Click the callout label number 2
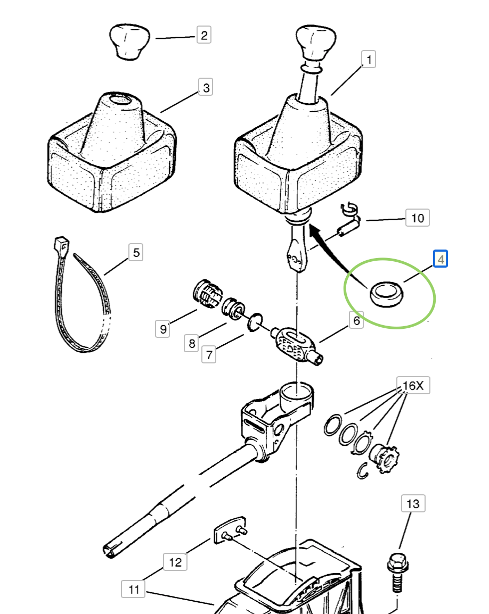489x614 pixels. pos(203,35)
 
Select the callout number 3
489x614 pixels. pos(206,88)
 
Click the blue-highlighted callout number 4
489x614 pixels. pos(441,259)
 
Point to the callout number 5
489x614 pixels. pos(136,253)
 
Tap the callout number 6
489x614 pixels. pos(356,320)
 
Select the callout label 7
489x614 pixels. pos(209,355)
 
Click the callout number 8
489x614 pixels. pos(191,343)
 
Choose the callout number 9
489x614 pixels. pos(163,329)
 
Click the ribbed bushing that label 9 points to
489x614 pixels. pos(208,294)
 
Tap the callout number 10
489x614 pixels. pos(417,218)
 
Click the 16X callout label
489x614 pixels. pos(413,386)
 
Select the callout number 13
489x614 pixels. pos(413,503)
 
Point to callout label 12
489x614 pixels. pos(175,562)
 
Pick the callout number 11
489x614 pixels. pos(133,589)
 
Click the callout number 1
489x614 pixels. pos(368,59)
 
